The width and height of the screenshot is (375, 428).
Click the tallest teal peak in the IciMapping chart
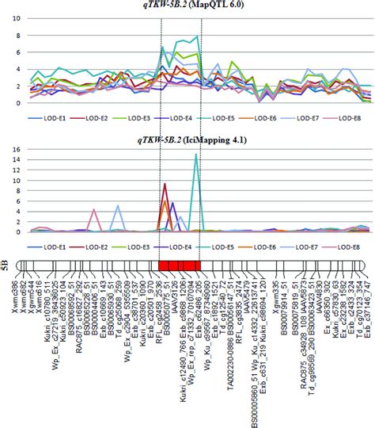point(195,155)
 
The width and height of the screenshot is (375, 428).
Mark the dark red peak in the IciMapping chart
point(165,185)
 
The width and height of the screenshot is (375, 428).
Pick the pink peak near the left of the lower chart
point(94,210)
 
